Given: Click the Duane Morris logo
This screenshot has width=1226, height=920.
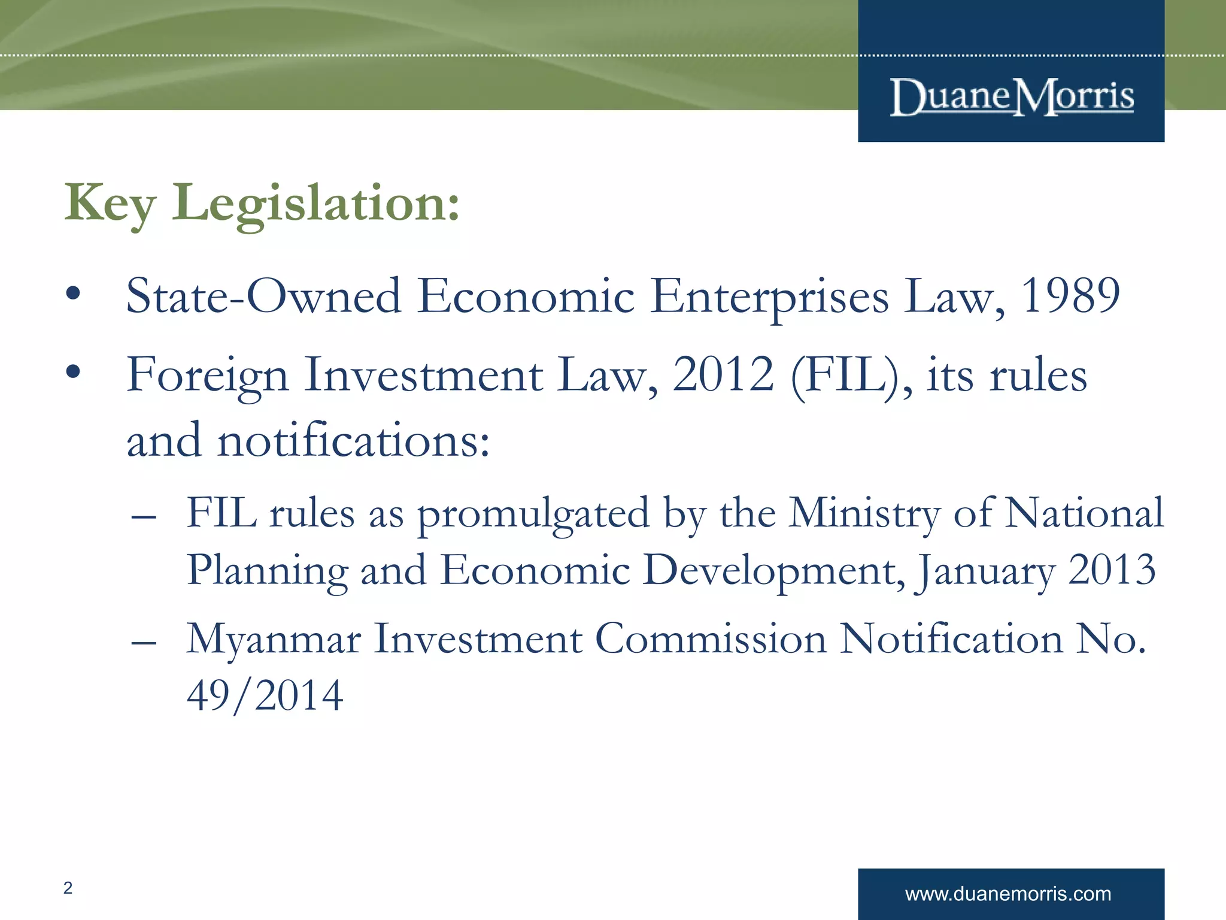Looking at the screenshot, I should point(1012,97).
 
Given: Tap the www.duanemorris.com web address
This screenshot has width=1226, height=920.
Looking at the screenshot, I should point(1008,894).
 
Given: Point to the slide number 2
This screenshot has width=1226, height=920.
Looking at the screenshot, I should point(68,888).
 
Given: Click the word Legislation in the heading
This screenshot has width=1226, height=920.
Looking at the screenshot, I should point(316,204).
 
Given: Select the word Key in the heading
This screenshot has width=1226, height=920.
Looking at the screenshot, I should point(111,204).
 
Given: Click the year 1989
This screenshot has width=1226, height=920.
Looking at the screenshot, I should point(1070,295).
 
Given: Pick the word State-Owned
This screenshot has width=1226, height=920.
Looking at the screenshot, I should point(263,295).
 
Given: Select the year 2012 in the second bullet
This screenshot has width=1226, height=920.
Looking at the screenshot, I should point(723,374).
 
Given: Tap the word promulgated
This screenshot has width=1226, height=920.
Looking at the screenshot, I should point(533,514).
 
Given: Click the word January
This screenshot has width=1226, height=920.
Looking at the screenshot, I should point(985,571).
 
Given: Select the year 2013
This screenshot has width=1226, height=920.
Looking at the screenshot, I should point(1112,570).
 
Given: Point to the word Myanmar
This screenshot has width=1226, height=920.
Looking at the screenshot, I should point(274,640).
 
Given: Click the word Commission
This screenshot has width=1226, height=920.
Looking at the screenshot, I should point(711,638).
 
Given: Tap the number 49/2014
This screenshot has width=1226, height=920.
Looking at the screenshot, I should point(265,695).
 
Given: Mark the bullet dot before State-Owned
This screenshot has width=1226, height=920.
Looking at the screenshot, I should point(73,293).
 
